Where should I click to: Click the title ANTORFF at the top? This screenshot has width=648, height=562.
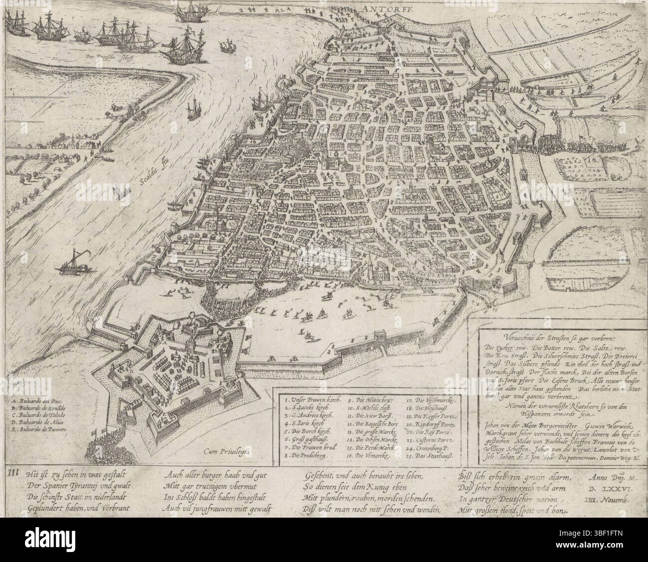(x=379, y=8)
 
